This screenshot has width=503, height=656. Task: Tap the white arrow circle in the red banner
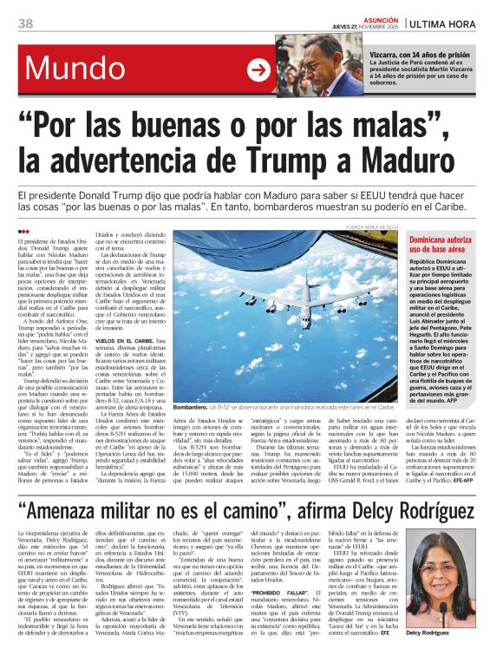click(x=258, y=70)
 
